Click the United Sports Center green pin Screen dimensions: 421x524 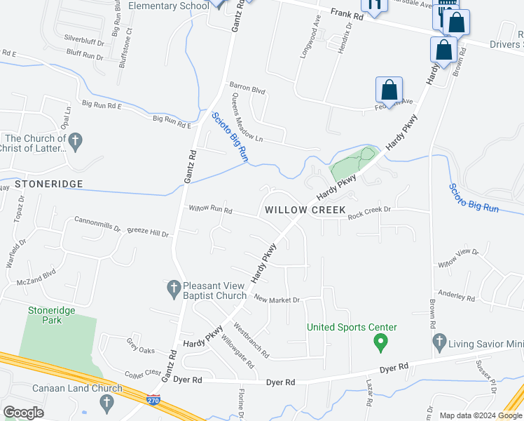tap(380, 343)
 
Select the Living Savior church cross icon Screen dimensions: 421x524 tap(439, 342)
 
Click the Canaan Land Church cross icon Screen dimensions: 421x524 tap(106, 403)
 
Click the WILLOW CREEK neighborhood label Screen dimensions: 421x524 tap(305, 210)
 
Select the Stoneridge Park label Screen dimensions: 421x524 tap(52, 315)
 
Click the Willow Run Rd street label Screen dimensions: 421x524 tap(210, 209)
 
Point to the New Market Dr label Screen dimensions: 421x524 tap(277, 300)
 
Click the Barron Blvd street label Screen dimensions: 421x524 tap(247, 89)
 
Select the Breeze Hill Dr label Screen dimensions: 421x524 tap(148, 233)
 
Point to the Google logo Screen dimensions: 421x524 tap(25, 413)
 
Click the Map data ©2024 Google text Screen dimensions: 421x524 tap(480, 415)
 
